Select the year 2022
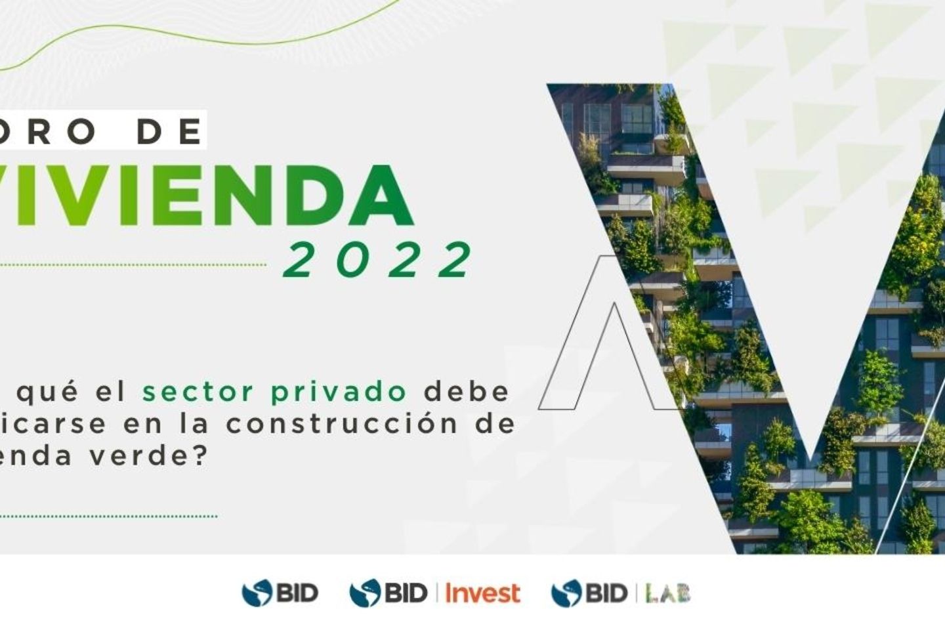pyautogui.click(x=378, y=260)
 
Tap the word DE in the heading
pyautogui.click(x=171, y=132)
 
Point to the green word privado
pyautogui.click(x=339, y=392)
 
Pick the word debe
pyautogui.click(x=466, y=392)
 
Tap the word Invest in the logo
pyautogui.click(x=483, y=593)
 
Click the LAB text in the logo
pyautogui.click(x=668, y=593)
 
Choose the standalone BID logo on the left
pyautogui.click(x=280, y=593)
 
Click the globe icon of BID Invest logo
pyautogui.click(x=365, y=593)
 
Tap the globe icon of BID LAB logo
pyautogui.click(x=566, y=593)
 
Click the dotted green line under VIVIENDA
pyautogui.click(x=131, y=266)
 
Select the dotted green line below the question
pyautogui.click(x=108, y=516)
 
